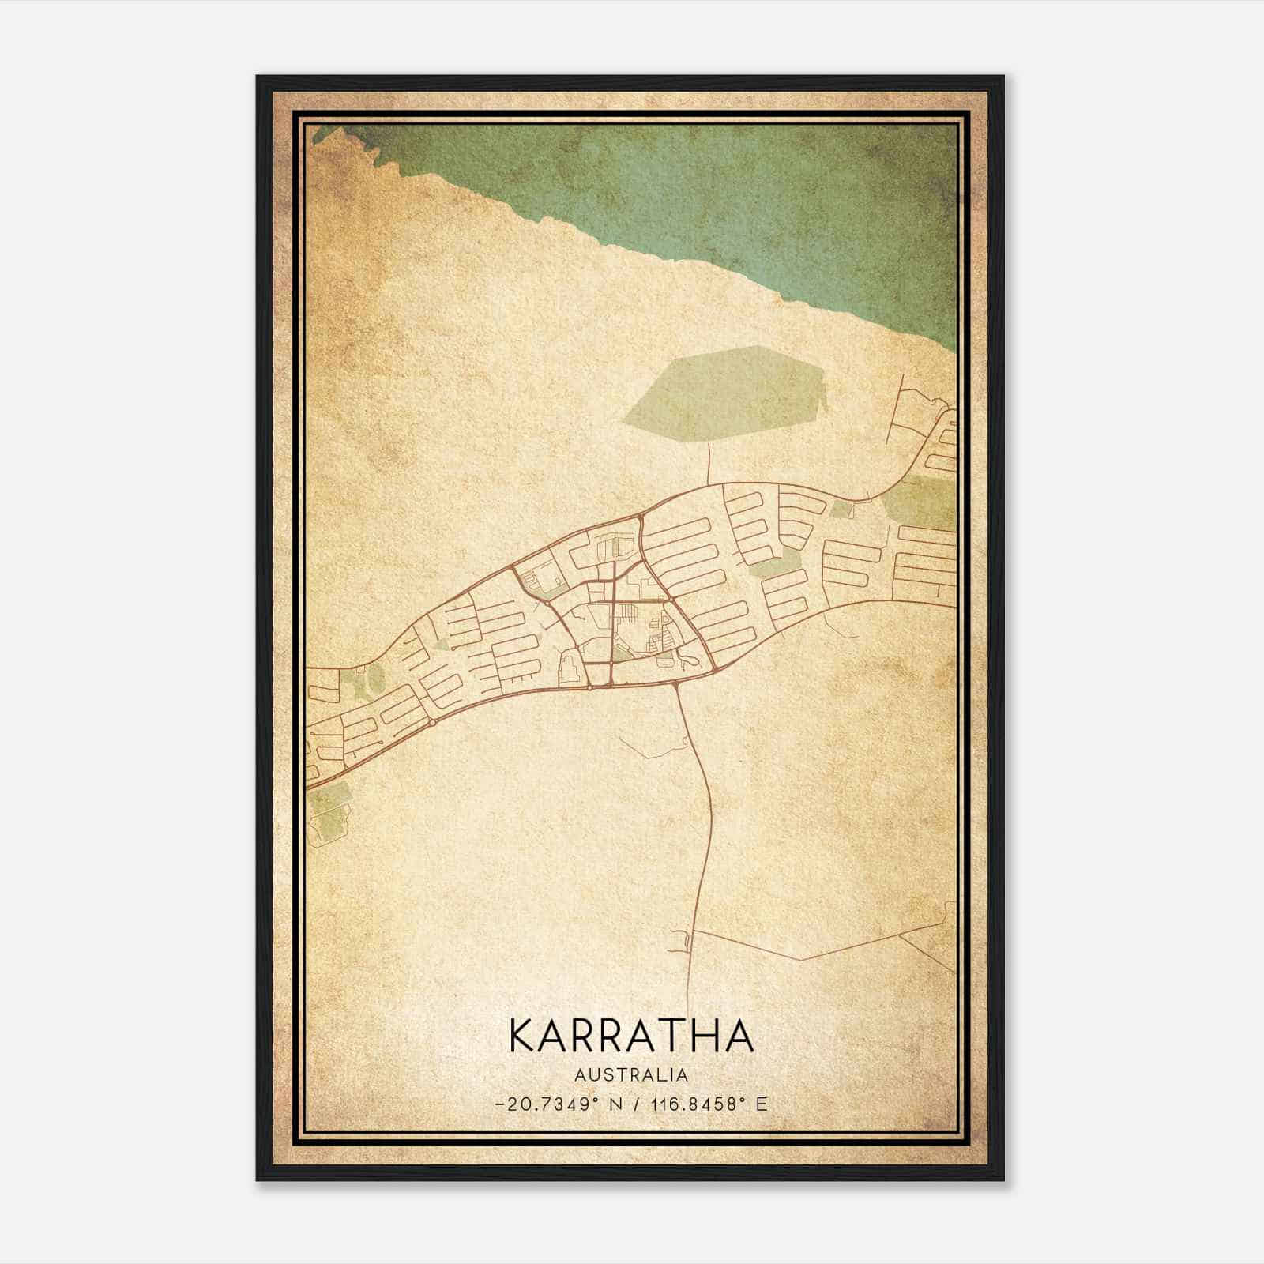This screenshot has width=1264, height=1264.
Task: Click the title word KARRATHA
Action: click(x=631, y=1036)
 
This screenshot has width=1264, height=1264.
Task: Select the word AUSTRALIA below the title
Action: click(x=631, y=1075)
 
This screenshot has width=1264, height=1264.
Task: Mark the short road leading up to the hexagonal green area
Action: click(x=709, y=463)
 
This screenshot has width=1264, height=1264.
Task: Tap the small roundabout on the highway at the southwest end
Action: click(x=433, y=722)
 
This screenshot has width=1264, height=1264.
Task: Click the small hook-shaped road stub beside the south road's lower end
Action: click(x=683, y=940)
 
